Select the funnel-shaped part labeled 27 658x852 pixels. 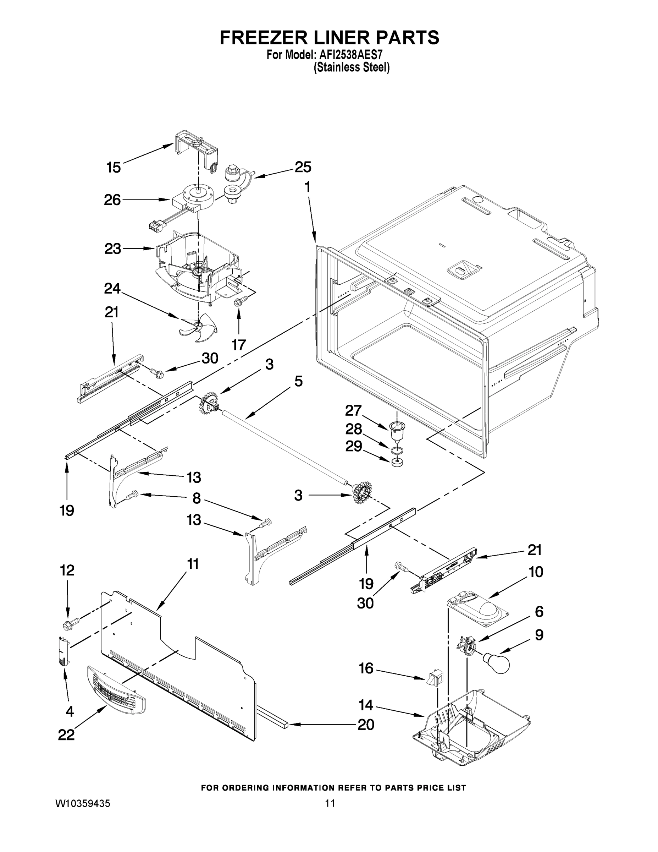click(x=397, y=431)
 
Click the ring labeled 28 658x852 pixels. click(x=397, y=451)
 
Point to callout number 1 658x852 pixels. click(x=307, y=188)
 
